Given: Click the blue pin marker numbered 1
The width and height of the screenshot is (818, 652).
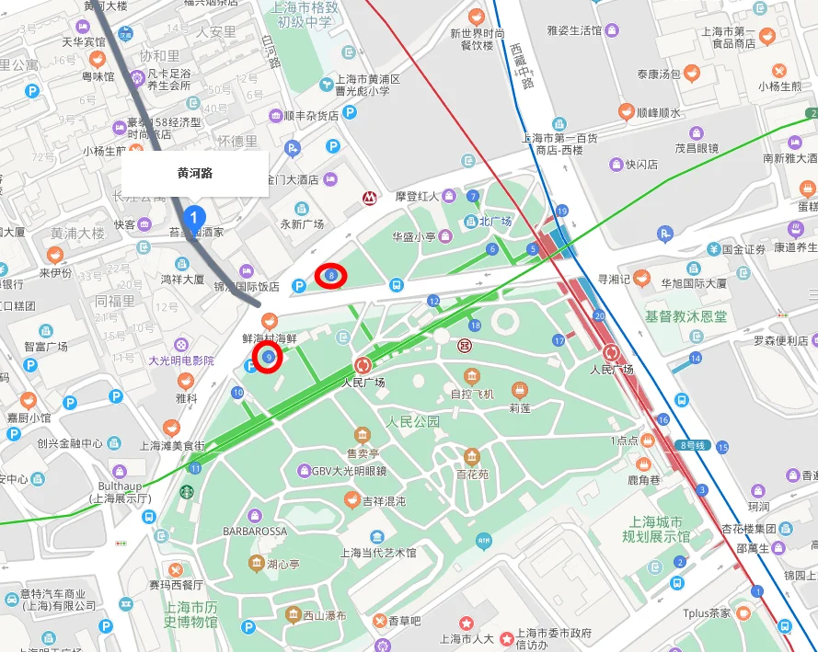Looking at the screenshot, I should point(193,218).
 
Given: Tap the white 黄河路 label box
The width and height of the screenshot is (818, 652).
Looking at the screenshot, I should point(195,173).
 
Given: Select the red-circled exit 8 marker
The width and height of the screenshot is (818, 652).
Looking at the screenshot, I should point(331,274).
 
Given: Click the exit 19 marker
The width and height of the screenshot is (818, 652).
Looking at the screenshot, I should point(561,212).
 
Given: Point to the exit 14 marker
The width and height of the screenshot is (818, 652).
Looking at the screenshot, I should point(697,358).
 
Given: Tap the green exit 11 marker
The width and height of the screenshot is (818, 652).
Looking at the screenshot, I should point(195,466).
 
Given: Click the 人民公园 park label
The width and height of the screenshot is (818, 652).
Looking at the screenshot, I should point(412,422).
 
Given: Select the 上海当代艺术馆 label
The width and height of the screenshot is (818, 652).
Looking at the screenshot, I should point(377,553).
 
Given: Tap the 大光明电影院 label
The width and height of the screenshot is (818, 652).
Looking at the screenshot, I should point(182,360).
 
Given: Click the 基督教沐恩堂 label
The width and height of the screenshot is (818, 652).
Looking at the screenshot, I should point(686,316).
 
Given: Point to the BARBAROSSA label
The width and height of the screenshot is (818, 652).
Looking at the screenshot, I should point(255,532).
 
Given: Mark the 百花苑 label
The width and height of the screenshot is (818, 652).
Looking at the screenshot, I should point(471,475).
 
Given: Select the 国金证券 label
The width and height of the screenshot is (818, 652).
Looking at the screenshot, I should point(743,249).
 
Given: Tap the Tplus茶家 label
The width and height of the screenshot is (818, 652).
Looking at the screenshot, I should point(707,613).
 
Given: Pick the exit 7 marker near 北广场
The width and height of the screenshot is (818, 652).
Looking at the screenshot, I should point(473,196).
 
